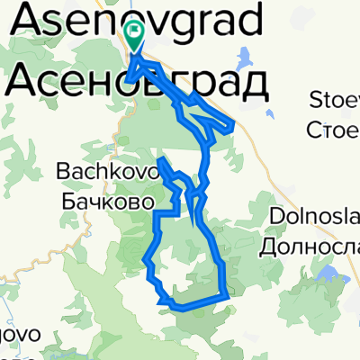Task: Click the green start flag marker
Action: click(x=134, y=35)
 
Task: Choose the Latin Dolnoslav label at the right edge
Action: click(x=314, y=217)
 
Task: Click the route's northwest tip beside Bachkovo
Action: click(x=160, y=160)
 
